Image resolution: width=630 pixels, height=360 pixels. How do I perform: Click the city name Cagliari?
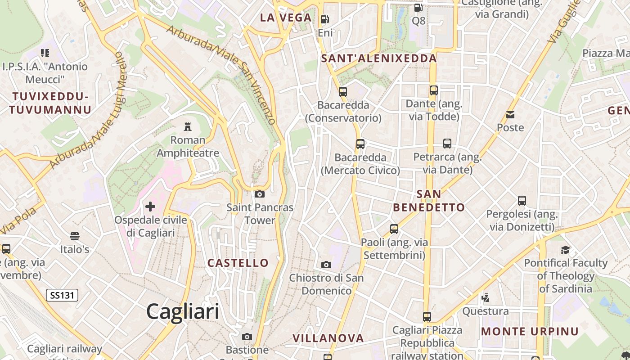[183, 311]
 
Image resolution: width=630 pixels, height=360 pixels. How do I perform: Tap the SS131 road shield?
[62, 295]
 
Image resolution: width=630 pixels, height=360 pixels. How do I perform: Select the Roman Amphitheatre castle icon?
[188, 126]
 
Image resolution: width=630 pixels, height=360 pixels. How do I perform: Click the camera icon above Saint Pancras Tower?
[259, 194]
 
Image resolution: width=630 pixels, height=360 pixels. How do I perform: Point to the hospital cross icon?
[150, 207]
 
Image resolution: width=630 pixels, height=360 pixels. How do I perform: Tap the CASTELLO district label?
[238, 263]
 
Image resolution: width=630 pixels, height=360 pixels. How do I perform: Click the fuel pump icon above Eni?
[324, 19]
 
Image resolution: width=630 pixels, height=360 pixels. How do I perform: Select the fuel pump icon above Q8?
[418, 8]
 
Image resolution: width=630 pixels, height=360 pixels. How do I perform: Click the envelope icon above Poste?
[510, 114]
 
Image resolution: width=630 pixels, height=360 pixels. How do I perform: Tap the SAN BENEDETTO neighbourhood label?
[429, 201]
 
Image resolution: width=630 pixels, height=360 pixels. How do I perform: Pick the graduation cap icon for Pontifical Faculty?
[565, 249]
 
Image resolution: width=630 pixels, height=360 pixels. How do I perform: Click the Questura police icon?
[485, 297]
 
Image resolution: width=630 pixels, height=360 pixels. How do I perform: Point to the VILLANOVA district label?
[328, 338]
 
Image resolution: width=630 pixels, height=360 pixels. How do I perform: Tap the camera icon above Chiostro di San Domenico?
[326, 264]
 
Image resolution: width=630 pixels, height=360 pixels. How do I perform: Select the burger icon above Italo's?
[74, 236]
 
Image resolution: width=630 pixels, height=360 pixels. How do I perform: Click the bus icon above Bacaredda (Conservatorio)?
[343, 92]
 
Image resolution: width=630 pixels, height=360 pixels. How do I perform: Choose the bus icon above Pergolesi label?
[522, 201]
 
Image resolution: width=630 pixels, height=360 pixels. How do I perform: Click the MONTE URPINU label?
[530, 332]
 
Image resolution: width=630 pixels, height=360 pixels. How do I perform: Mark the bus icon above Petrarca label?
[447, 144]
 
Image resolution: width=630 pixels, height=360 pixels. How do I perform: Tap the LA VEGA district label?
[286, 18]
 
